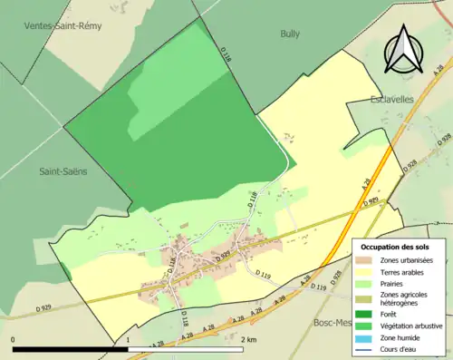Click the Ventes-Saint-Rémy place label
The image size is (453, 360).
63,25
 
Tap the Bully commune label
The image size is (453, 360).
290,34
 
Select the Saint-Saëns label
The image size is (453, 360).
63,170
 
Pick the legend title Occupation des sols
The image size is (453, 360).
395,247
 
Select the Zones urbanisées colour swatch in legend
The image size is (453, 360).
366,260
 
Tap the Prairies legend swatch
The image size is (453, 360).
366,283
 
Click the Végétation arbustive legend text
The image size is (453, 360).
412,326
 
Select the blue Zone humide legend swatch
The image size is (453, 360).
366,338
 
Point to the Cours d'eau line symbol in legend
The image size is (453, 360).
366,349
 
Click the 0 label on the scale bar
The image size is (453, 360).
14,340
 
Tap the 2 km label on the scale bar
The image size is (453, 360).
251,340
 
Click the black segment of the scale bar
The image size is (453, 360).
71,349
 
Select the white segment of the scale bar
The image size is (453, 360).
186,349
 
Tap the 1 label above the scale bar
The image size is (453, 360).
129,340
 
